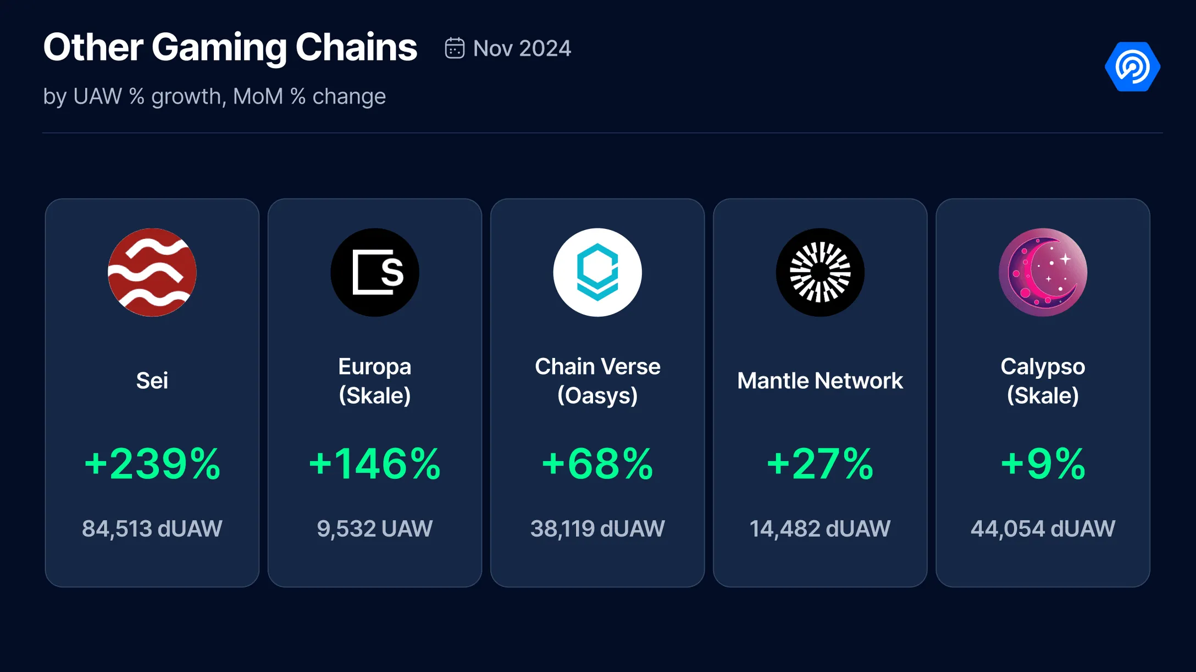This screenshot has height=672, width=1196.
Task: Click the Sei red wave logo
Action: tap(152, 272)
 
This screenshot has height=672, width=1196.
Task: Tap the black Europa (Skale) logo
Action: tap(375, 272)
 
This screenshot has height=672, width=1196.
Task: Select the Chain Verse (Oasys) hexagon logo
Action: tap(597, 272)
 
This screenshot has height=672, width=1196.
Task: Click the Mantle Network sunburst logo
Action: tap(820, 272)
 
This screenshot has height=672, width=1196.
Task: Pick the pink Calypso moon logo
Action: tap(1043, 272)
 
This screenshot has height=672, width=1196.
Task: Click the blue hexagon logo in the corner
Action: tap(1132, 66)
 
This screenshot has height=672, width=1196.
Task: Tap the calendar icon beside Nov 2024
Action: tap(455, 48)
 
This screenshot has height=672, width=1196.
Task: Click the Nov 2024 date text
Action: tap(522, 48)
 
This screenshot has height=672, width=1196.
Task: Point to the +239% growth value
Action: tap(152, 464)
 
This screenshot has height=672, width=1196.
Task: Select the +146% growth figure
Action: tap(375, 464)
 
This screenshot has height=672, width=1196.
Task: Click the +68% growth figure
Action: tap(597, 464)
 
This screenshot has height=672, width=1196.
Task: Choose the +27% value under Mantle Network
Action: tap(820, 464)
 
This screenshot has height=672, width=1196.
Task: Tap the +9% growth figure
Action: tap(1043, 464)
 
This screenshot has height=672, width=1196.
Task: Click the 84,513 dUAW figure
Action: tap(152, 529)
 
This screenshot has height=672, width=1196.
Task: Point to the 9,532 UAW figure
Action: tap(375, 529)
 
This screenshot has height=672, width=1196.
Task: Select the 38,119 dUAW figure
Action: tap(597, 529)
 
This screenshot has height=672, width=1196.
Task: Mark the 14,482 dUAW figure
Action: tap(820, 529)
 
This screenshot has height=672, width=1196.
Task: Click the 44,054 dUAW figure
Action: tap(1043, 529)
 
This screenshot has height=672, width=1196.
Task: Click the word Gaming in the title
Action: tap(219, 48)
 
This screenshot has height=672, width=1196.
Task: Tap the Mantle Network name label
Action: tap(820, 380)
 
